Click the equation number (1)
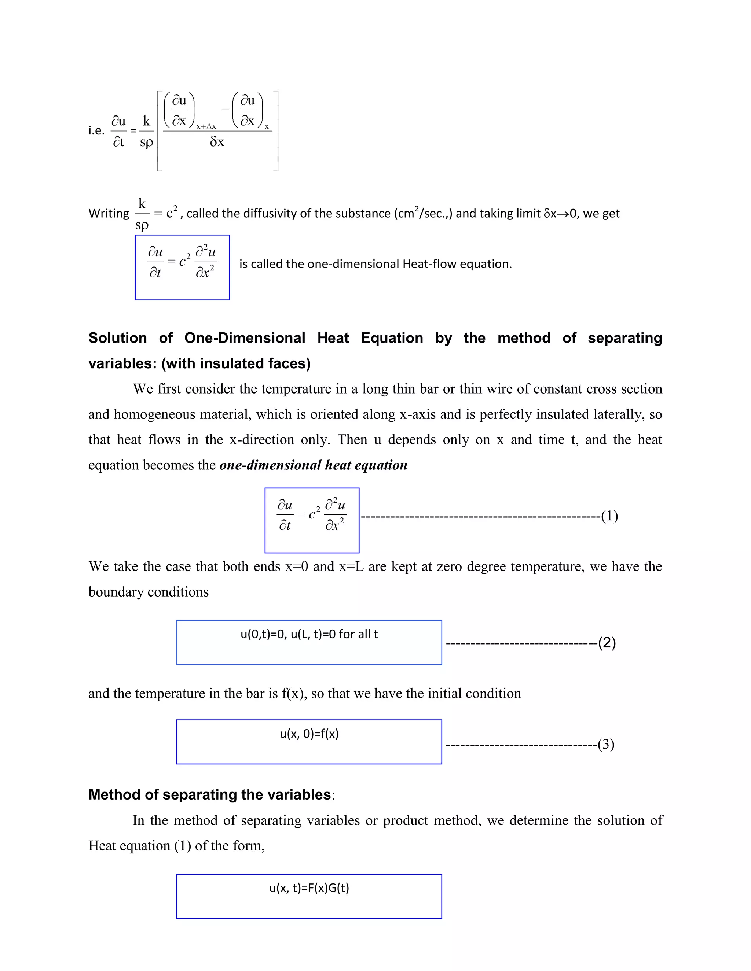(609, 516)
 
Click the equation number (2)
(607, 643)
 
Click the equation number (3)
(606, 744)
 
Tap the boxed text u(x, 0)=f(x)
(309, 734)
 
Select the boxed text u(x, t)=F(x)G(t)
(309, 888)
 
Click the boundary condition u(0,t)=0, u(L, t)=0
(309, 634)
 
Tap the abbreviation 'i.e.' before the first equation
(96, 131)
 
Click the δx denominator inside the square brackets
(217, 142)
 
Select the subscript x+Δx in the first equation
(206, 127)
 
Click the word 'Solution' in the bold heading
(117, 338)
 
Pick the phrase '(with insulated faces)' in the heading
(236, 364)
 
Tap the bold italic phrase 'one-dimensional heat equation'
(313, 465)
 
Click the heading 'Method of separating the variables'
(209, 794)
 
